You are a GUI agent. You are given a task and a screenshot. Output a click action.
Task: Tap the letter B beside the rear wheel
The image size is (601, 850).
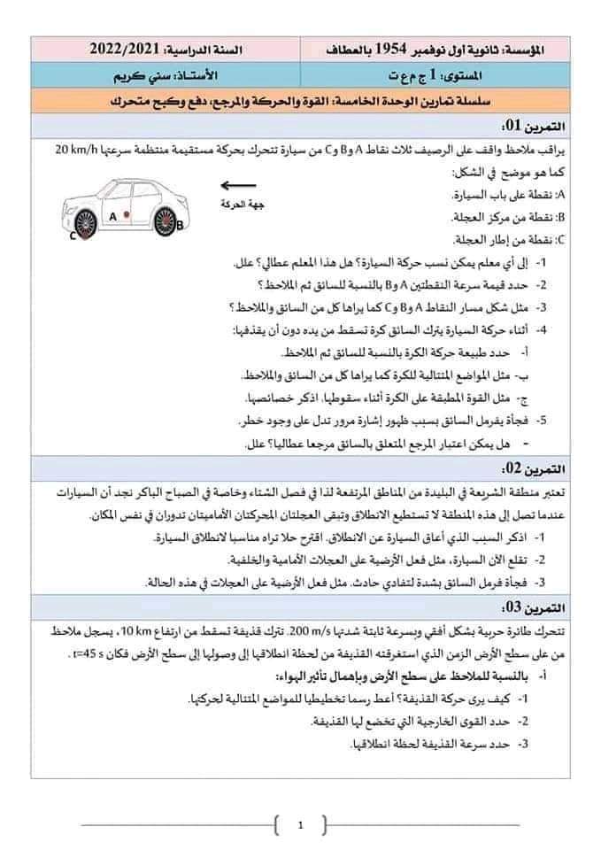click(x=182, y=225)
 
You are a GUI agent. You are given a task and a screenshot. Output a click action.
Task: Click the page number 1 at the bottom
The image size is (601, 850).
click(x=301, y=827)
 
